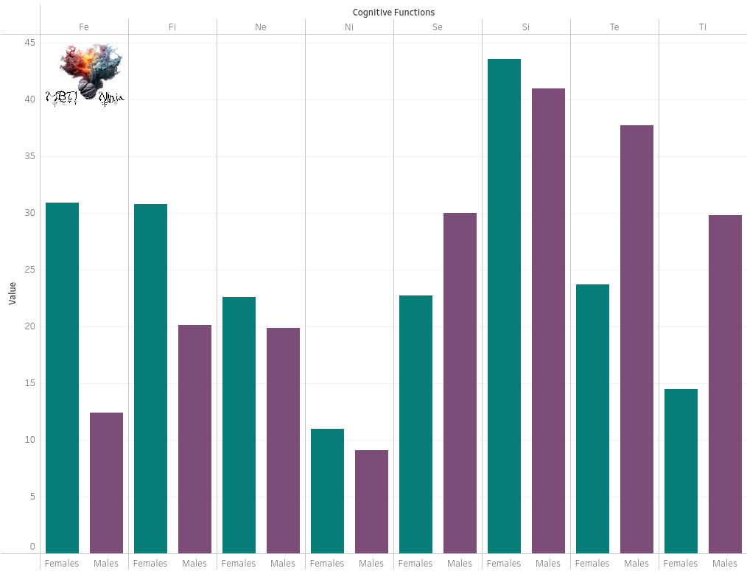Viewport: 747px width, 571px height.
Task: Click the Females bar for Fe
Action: [62, 377]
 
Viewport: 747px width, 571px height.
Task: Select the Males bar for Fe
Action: [106, 483]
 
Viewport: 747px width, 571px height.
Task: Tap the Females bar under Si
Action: [504, 306]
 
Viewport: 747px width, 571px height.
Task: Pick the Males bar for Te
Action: [636, 339]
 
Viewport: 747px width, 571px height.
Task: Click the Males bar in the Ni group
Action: [371, 501]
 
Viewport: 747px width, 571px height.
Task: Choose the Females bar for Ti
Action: [681, 471]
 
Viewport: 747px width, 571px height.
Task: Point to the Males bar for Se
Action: [460, 383]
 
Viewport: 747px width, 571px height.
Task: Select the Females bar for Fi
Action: [150, 378]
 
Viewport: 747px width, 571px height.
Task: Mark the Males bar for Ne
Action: [283, 440]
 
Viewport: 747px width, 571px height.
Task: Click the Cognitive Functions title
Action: [393, 13]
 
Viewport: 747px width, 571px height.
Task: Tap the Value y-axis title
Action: [13, 293]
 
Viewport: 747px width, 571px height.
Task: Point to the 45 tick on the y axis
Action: [29, 43]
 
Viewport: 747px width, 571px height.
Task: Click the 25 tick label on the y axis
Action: [29, 270]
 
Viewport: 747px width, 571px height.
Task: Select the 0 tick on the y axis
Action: [32, 547]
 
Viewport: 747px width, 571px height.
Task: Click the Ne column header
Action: [261, 27]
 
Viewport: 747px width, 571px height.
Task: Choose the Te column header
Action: [614, 27]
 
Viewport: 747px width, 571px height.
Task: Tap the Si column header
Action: [526, 27]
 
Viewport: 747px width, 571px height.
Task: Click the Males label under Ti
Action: [725, 564]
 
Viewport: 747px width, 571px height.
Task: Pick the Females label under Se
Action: [415, 564]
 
